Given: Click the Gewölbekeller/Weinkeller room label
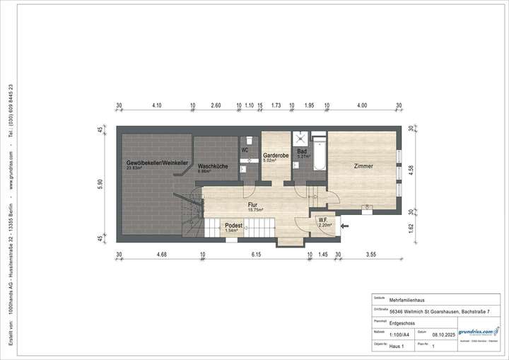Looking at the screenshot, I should [x=157, y=163].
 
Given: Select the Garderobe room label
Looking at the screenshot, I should [x=274, y=155].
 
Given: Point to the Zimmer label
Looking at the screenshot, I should [x=363, y=166].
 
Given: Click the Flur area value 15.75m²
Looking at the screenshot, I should [x=255, y=210].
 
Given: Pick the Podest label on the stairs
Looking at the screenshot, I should [x=233, y=226].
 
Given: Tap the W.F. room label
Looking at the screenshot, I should [x=322, y=220].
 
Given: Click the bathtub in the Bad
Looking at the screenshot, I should [x=318, y=154].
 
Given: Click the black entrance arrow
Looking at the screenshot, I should [x=344, y=226].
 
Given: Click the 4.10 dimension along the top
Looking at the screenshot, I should [x=156, y=105].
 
